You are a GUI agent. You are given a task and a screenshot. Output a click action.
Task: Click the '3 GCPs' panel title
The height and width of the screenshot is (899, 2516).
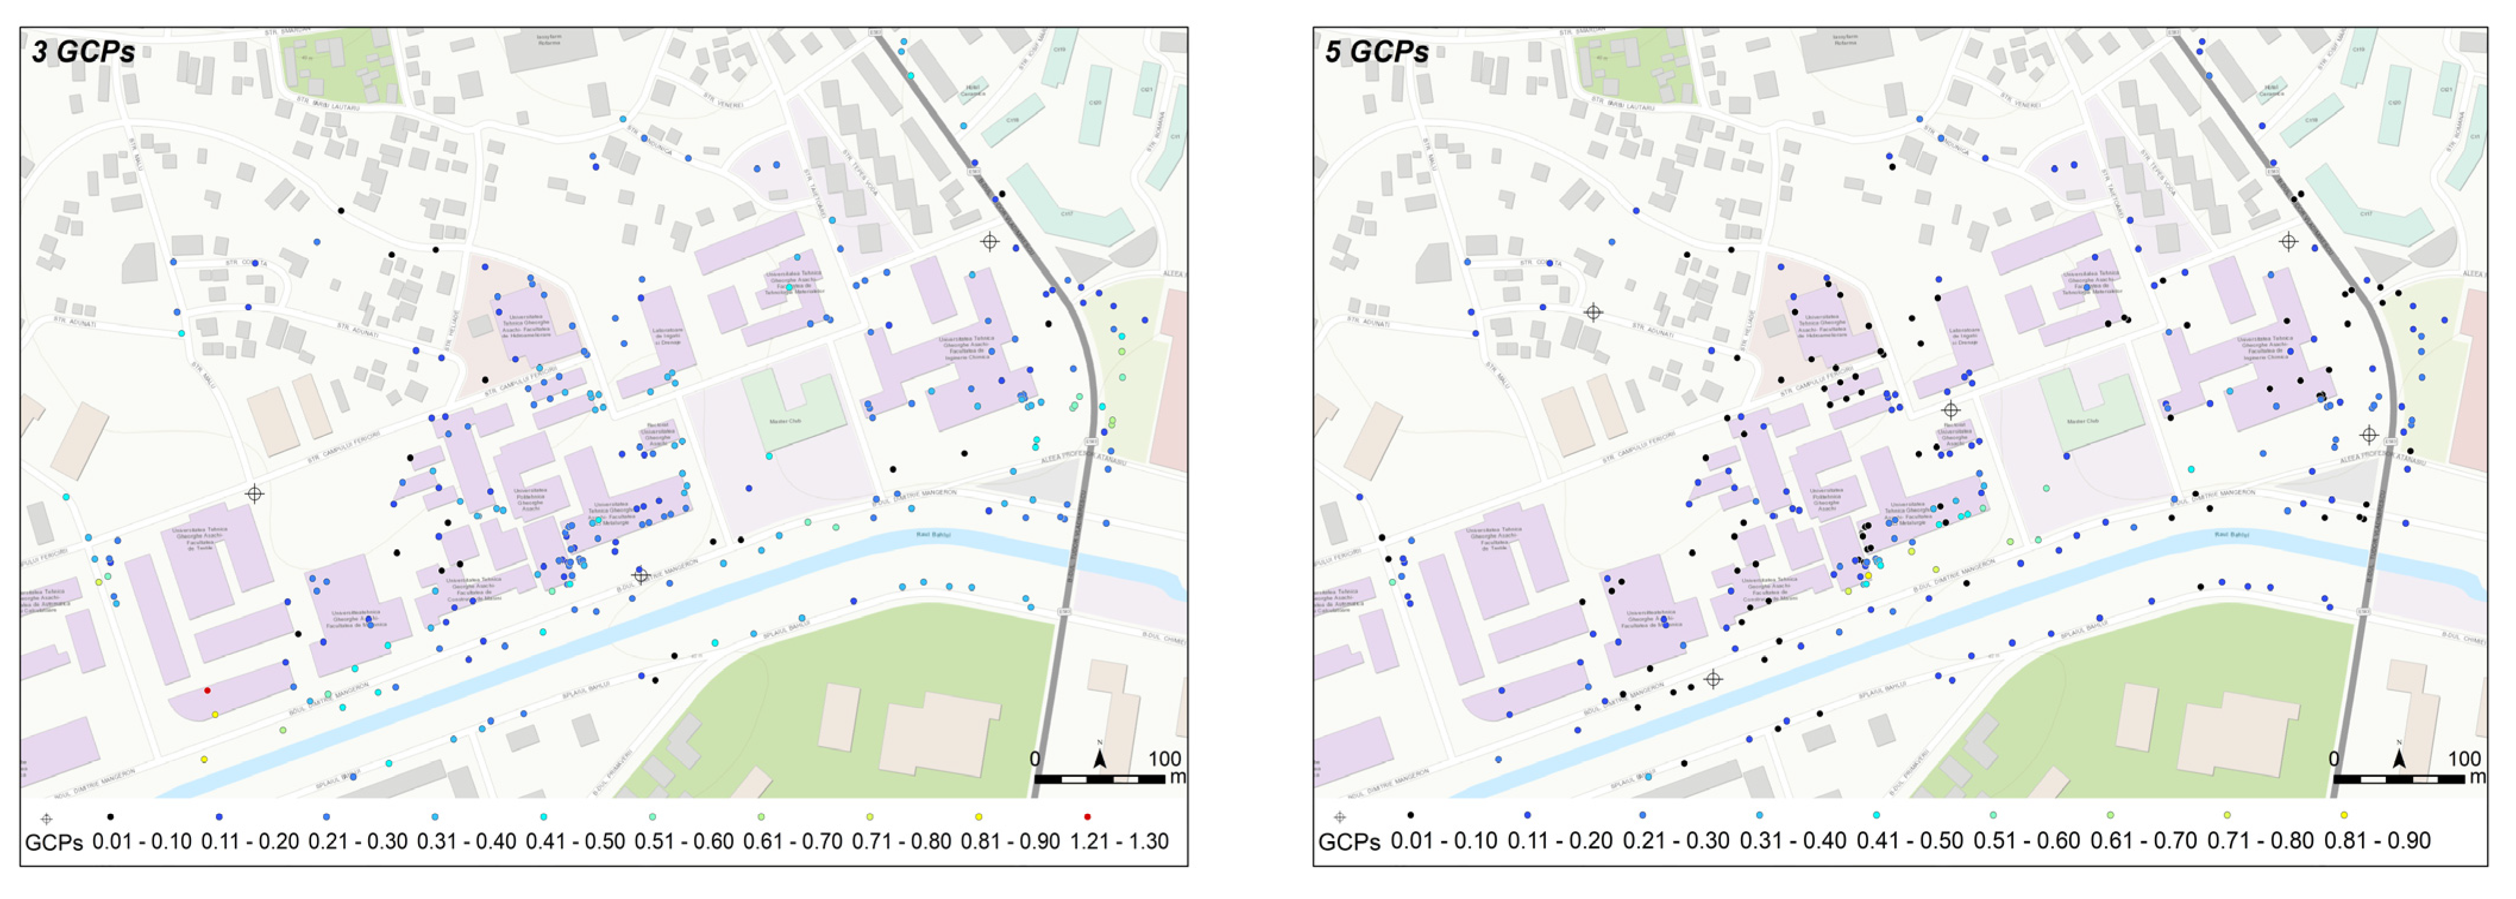tap(84, 52)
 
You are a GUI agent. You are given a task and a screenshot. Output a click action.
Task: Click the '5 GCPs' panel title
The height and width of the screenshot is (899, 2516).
tap(1377, 52)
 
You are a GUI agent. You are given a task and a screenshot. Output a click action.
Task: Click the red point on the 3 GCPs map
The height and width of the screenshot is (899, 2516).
tap(207, 691)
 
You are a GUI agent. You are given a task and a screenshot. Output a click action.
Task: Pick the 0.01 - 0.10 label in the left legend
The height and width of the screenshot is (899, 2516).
tap(142, 841)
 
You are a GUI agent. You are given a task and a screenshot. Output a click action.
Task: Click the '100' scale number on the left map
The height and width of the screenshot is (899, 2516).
tap(1164, 759)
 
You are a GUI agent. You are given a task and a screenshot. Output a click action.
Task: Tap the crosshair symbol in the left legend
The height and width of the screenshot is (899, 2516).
tap(46, 819)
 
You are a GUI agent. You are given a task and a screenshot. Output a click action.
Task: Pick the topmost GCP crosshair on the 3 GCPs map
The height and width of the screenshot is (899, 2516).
tap(989, 241)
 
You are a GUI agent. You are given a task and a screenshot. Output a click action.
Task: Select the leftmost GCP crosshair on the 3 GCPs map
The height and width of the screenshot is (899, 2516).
tap(254, 494)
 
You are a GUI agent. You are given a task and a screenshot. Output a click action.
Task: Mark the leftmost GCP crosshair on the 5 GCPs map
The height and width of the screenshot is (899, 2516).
tap(1593, 313)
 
